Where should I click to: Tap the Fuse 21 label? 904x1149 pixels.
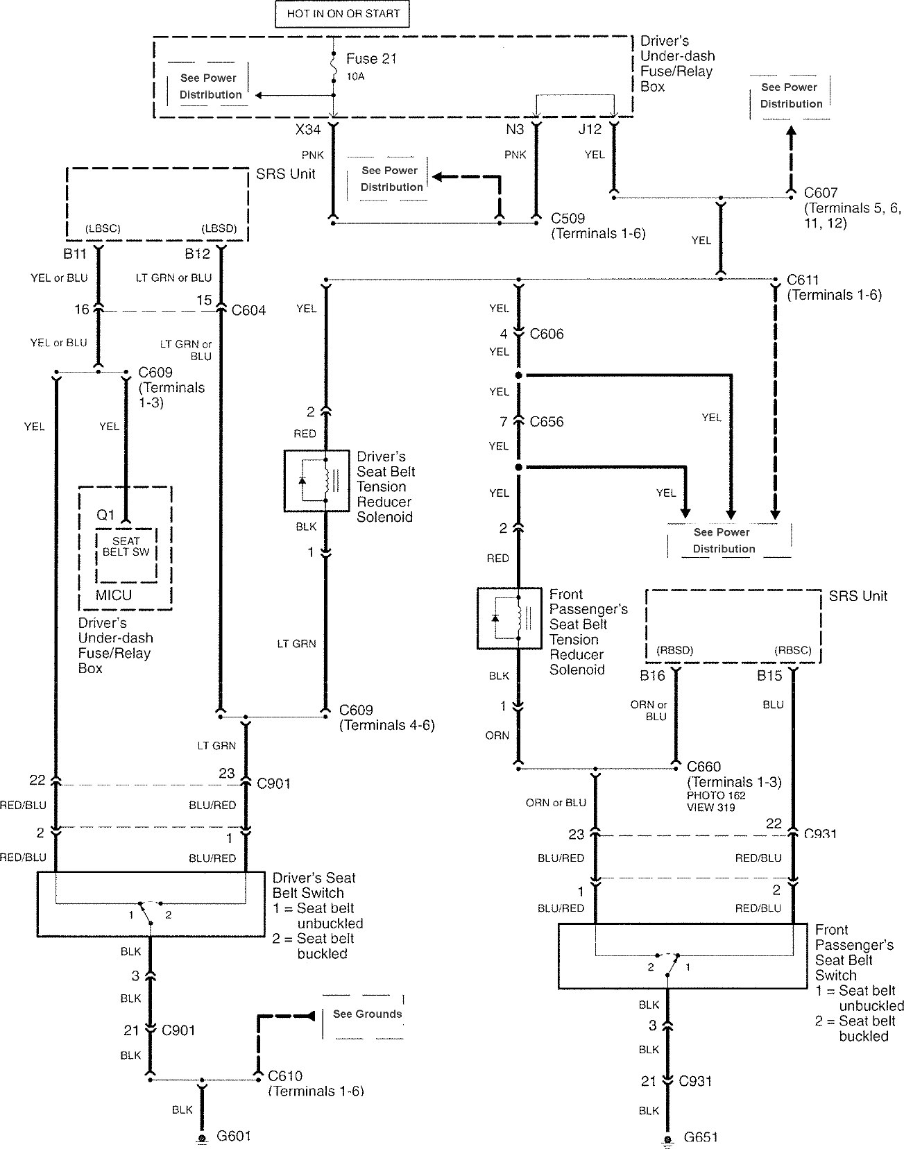tap(371, 59)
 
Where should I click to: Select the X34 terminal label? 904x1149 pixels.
tap(308, 129)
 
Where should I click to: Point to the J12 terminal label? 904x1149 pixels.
tap(590, 129)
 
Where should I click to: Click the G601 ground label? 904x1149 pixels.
tap(234, 1136)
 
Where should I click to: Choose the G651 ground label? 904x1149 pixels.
tap(701, 1137)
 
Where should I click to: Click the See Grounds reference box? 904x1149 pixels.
tap(366, 1014)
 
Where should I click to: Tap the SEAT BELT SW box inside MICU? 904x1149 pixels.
tap(126, 547)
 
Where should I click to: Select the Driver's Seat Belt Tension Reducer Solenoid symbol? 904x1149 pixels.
tap(316, 481)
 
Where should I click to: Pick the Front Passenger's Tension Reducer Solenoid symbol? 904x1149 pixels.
tap(509, 618)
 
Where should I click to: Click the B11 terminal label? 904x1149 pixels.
tap(75, 254)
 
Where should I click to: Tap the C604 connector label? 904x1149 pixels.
tap(248, 310)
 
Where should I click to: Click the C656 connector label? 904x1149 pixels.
tap(547, 422)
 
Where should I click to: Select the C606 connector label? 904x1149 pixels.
tap(547, 334)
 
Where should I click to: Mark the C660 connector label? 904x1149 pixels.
tap(703, 767)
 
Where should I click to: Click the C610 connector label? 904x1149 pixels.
tap(284, 1076)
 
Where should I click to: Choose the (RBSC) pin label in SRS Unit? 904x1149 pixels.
tap(792, 651)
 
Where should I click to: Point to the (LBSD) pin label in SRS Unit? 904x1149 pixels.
tap(219, 229)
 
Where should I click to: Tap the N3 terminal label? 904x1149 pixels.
tap(515, 129)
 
